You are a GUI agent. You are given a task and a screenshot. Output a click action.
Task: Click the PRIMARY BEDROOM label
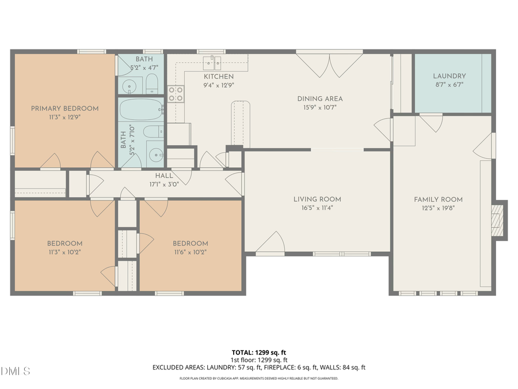click(x=64, y=108)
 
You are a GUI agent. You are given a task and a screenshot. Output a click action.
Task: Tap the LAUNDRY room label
click(x=449, y=76)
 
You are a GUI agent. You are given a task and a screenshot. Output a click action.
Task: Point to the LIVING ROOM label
click(x=317, y=199)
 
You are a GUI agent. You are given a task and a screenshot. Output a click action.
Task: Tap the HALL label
click(x=163, y=176)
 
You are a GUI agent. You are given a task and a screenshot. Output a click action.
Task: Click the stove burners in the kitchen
click(x=176, y=94)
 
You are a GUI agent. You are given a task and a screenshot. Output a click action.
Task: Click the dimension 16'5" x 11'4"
click(x=317, y=208)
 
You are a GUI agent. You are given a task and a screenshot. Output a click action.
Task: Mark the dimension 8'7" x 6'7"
click(x=449, y=85)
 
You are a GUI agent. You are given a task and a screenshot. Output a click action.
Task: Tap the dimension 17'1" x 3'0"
click(x=163, y=185)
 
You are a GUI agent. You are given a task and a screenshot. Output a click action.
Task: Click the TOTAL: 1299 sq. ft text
click(x=259, y=352)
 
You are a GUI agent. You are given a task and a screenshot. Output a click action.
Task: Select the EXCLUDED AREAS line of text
click(x=259, y=367)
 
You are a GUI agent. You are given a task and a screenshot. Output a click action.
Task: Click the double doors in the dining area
click(x=329, y=66)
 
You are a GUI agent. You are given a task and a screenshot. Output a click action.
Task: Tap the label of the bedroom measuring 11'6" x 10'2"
click(x=190, y=243)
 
